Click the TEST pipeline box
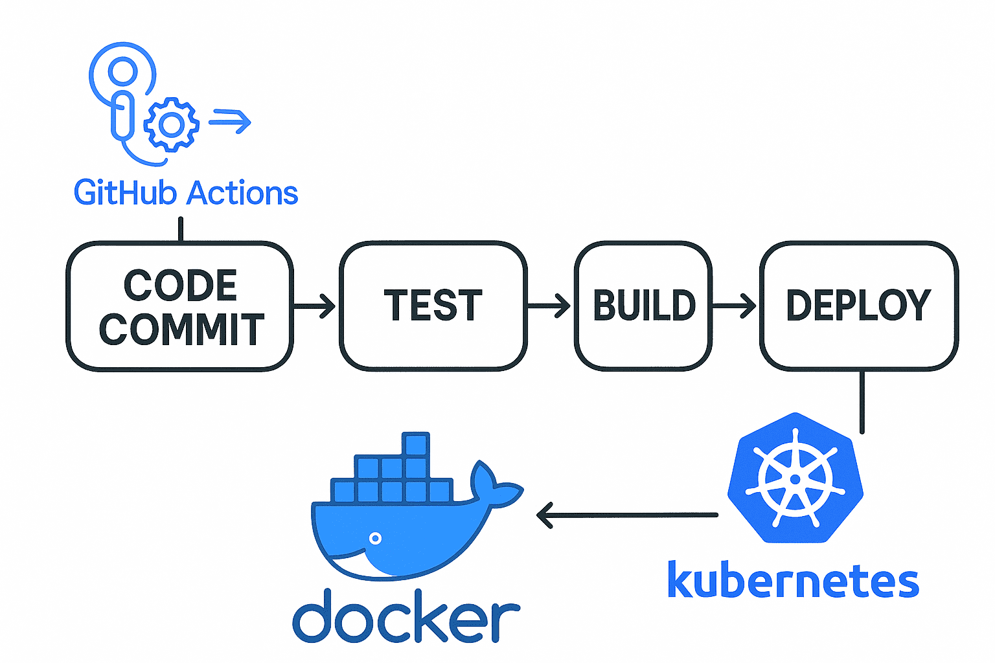(433, 306)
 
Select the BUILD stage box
(643, 306)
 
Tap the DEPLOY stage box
(858, 306)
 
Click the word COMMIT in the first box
(181, 329)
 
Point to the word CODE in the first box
(180, 286)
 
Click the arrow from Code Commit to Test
(315, 306)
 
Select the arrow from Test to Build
(549, 306)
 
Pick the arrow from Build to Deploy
(735, 306)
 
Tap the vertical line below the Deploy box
(862, 401)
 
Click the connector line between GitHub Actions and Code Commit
(181, 229)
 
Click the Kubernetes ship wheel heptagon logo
(795, 479)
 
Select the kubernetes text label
(793, 581)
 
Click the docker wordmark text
(406, 617)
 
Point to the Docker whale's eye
(375, 538)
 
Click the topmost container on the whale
(416, 444)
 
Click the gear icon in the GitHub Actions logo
(171, 124)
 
